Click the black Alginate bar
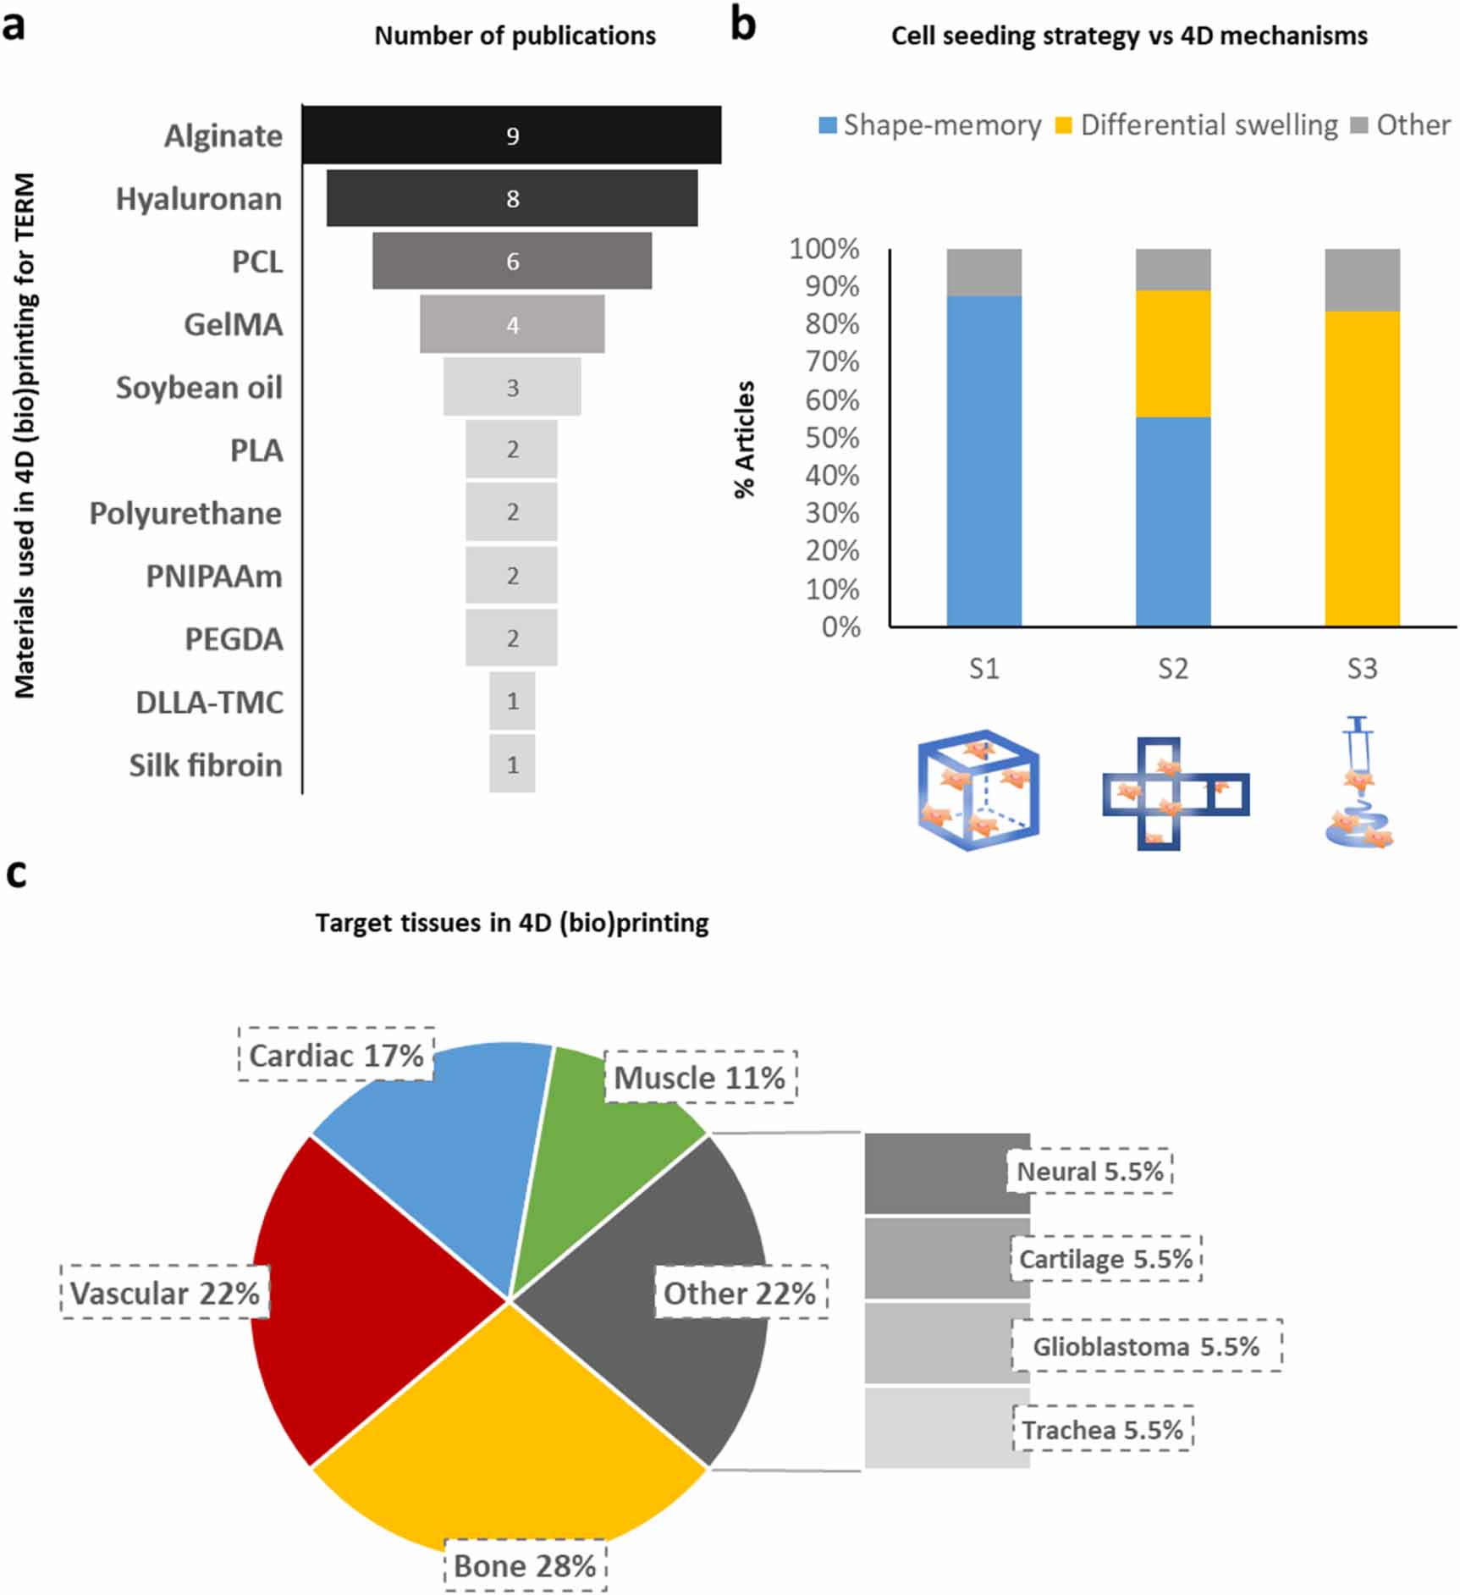pos(512,135)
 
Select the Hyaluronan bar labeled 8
pos(512,198)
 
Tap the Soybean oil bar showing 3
pos(512,387)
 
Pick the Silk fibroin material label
pos(206,765)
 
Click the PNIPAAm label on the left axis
pos(214,577)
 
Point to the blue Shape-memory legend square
pos(828,125)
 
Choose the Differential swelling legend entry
pos(1197,125)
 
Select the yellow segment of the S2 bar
pos(1173,354)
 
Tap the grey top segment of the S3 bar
pos(1362,280)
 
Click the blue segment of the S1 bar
pos(984,461)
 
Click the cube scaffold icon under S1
pos(978,790)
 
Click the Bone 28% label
pos(526,1566)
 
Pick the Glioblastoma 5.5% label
pos(1147,1346)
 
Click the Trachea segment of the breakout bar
pos(947,1427)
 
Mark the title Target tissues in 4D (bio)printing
pos(512,923)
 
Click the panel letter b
pos(742,25)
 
